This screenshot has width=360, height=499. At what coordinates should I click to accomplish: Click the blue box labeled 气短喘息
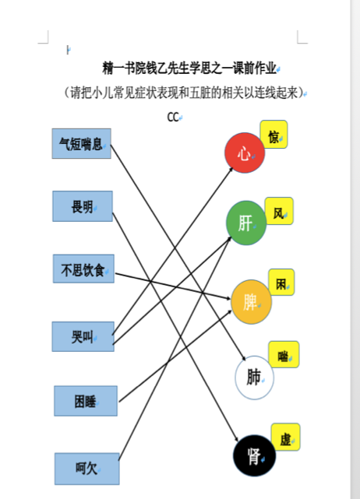82,143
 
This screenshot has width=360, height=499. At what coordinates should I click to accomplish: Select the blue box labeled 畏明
83,206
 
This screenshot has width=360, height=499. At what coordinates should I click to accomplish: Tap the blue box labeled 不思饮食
83,269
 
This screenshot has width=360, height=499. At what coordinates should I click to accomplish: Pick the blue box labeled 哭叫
83,336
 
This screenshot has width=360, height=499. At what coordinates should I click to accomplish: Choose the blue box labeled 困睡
86,401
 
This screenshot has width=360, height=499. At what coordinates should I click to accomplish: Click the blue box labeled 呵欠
87,469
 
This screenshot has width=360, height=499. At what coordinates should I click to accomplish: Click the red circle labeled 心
245,153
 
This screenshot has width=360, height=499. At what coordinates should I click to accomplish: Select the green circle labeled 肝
246,223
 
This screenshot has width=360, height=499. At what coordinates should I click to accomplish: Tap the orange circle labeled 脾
251,302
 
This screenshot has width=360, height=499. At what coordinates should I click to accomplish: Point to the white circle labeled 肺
254,378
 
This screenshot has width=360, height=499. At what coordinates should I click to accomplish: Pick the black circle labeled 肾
254,455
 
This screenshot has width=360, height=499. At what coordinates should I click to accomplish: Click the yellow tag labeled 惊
274,135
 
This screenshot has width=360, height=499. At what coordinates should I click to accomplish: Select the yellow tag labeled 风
279,211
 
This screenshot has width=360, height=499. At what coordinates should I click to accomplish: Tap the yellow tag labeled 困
281,283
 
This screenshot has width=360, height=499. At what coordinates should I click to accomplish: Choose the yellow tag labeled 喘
284,354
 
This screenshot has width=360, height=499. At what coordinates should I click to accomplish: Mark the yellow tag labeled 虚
285,437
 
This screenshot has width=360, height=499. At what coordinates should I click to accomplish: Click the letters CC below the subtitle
173,117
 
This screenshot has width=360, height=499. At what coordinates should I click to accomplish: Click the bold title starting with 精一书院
189,68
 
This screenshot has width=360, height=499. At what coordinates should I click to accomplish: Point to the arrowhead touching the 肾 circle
236,438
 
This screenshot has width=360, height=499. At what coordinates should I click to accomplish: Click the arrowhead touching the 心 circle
231,170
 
